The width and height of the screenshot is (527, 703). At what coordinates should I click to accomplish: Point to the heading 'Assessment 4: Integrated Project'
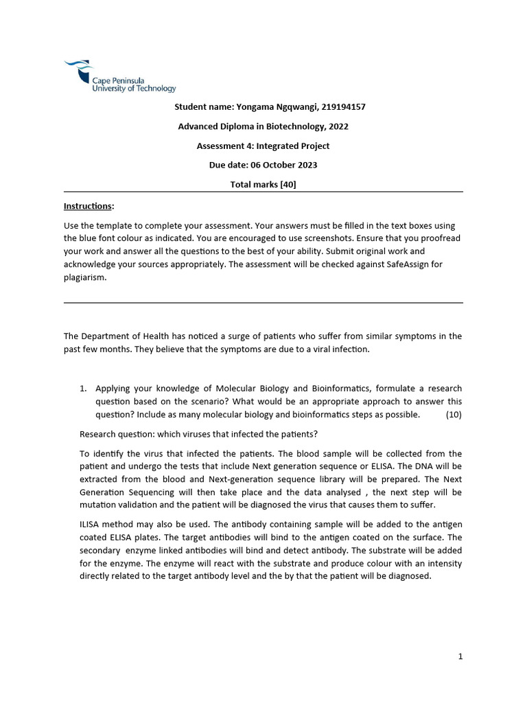point(263,146)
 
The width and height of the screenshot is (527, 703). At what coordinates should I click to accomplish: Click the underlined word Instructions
point(89,206)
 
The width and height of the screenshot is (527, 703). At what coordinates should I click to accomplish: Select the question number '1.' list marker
point(84,389)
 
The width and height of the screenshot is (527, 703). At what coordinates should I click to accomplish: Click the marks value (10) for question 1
point(454,415)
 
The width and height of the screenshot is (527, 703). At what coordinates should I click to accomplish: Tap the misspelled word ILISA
point(92,525)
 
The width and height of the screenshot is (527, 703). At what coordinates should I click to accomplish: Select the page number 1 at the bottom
point(460,657)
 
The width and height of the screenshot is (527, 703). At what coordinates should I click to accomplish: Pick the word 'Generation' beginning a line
point(102,492)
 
